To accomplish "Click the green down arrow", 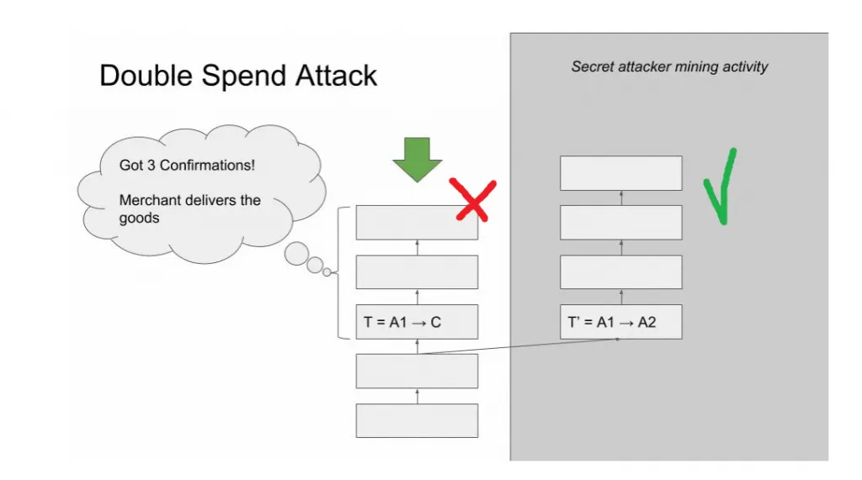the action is (418, 160).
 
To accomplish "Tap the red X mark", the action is (473, 200).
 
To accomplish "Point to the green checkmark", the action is (721, 187).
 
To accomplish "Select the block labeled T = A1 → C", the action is (417, 322).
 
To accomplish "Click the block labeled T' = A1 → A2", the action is (621, 322).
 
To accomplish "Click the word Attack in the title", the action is (336, 76).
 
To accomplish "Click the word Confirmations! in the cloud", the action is (207, 166).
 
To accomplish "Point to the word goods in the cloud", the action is (139, 218).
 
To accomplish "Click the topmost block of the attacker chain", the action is (621, 173).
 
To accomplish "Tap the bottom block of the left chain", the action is (417, 420).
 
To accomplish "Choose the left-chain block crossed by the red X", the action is (417, 223).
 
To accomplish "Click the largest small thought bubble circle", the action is (296, 254).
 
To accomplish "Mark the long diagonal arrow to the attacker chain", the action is (519, 346).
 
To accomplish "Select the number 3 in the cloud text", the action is (152, 166).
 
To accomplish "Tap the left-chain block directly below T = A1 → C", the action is (417, 372).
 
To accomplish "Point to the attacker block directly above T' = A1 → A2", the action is (621, 272).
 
